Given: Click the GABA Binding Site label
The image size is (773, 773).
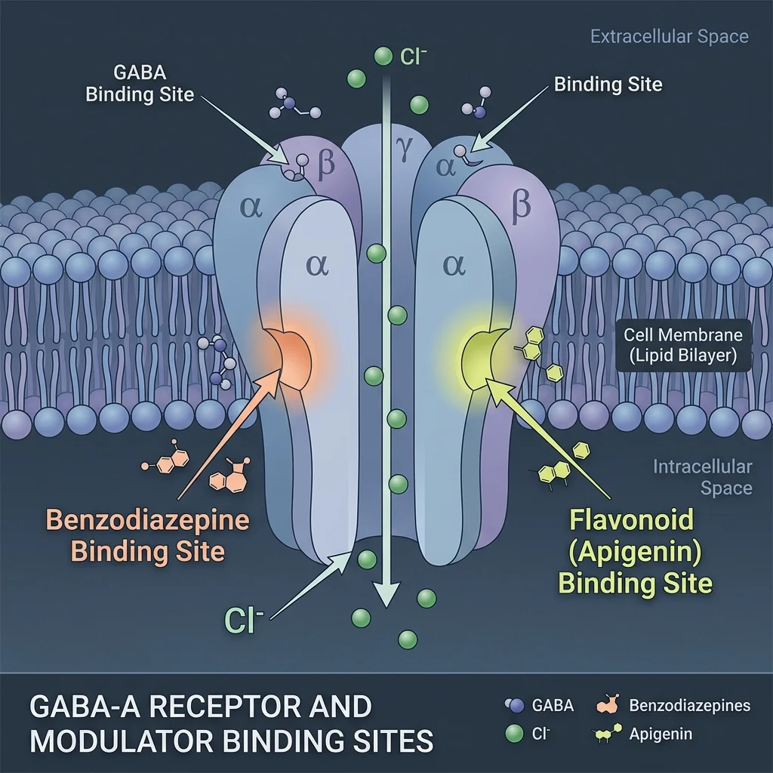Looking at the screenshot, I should click(140, 85).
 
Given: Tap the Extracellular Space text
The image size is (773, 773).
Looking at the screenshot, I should click(669, 36).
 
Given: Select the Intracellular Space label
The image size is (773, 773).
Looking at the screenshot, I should click(702, 477).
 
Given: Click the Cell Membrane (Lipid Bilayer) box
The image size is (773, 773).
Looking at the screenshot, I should click(683, 345).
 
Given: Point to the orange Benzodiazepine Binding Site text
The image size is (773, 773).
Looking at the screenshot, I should click(148, 535).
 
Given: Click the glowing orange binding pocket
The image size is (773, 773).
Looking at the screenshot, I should click(291, 355).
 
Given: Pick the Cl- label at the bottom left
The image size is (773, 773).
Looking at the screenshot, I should click(244, 619).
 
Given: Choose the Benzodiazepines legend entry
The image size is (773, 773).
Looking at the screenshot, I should click(688, 706).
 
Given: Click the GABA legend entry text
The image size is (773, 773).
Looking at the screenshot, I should click(553, 706).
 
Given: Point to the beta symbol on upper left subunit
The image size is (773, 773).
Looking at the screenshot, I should click(325, 165).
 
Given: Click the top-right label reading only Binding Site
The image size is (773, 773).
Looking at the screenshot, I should click(608, 85).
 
